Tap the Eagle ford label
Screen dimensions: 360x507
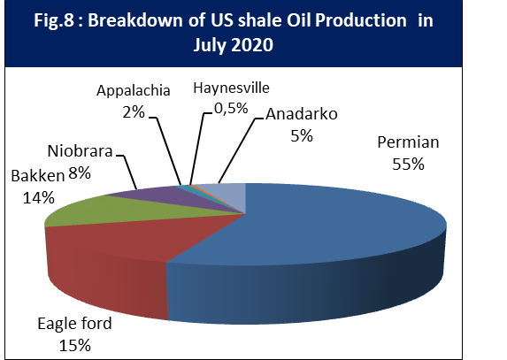tap(74, 324)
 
